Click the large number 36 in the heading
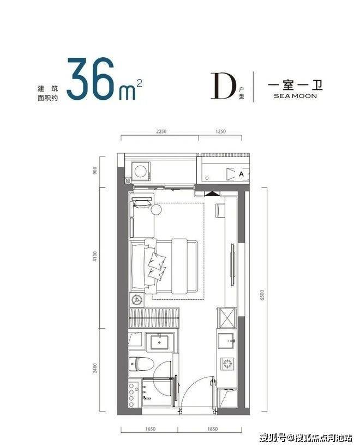click(x=90, y=78)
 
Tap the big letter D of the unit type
click(x=224, y=86)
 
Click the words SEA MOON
click(x=295, y=96)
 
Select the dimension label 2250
click(x=161, y=131)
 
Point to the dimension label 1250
click(x=220, y=131)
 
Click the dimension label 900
click(x=95, y=171)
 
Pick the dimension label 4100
click(x=95, y=257)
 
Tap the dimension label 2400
click(x=95, y=368)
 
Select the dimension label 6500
click(x=262, y=295)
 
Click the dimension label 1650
click(x=151, y=429)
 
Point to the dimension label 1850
click(x=213, y=429)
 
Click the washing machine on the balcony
click(x=141, y=171)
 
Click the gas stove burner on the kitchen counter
click(x=227, y=364)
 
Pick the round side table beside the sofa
click(x=156, y=209)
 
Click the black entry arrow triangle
click(x=212, y=194)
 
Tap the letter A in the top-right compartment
click(x=241, y=173)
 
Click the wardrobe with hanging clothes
click(x=154, y=318)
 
